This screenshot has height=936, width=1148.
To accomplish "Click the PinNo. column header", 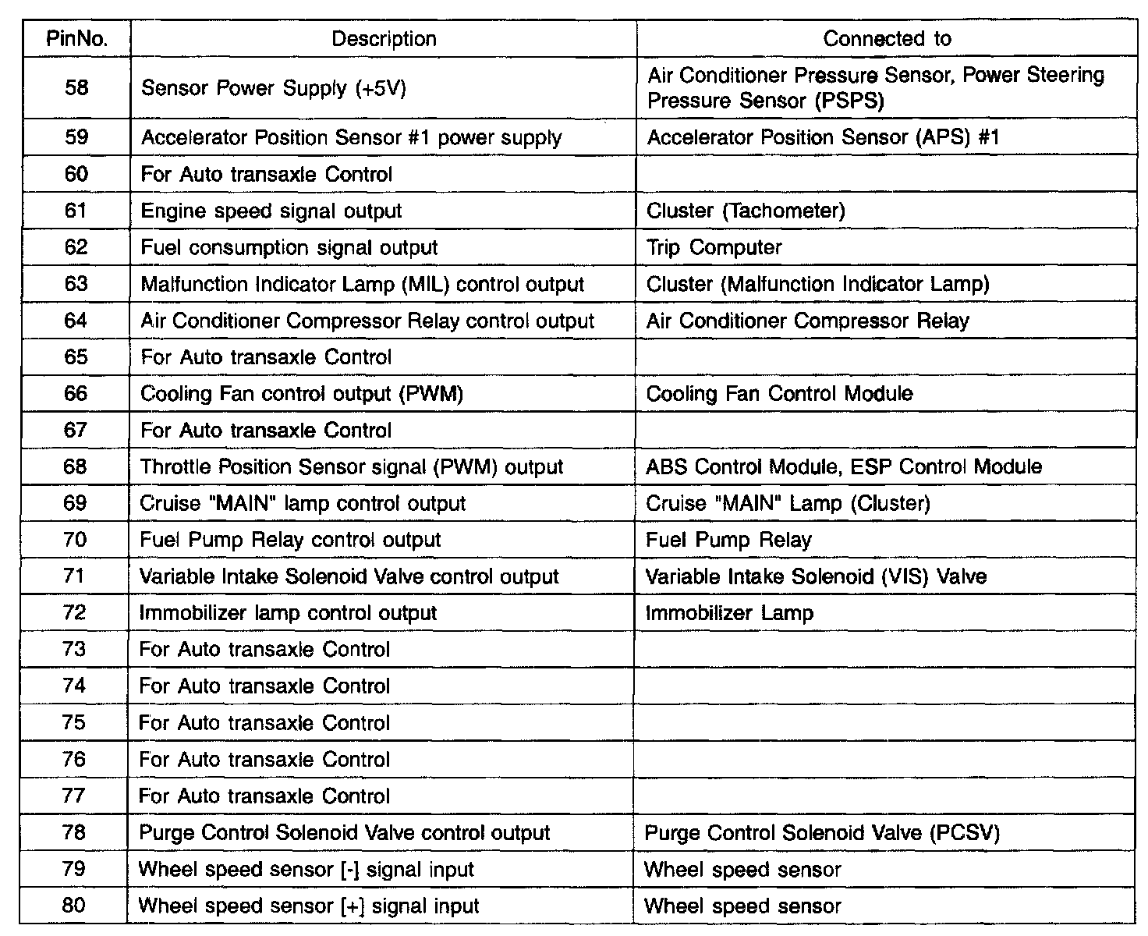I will point(76,39).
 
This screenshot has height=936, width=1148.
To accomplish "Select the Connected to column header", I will point(887,39).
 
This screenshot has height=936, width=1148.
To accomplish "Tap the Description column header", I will point(384,39).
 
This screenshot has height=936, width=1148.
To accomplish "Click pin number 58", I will point(76,87).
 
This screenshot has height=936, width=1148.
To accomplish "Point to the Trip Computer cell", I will point(714,247).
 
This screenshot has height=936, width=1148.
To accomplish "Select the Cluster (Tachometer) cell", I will point(746,211).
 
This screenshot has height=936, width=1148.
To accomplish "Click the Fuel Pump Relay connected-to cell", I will point(728,540).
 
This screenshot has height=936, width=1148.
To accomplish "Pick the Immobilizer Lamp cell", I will point(729,613).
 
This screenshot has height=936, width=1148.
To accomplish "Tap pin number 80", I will point(74,906).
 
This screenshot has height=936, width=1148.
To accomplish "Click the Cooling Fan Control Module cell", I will point(779,393).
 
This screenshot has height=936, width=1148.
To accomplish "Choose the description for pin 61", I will point(271,211).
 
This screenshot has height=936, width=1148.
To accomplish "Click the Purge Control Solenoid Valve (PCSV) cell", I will point(822,833).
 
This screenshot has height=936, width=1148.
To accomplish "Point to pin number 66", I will point(76,393).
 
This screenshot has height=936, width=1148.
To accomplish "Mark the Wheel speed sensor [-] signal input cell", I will point(306,870).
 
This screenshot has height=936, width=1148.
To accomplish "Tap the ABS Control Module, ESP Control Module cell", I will point(844,466).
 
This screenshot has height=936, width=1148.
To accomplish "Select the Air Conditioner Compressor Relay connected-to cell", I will point(808,321).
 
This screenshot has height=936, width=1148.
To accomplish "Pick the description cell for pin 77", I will point(264,796).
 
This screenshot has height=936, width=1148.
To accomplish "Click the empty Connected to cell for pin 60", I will point(886,174).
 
